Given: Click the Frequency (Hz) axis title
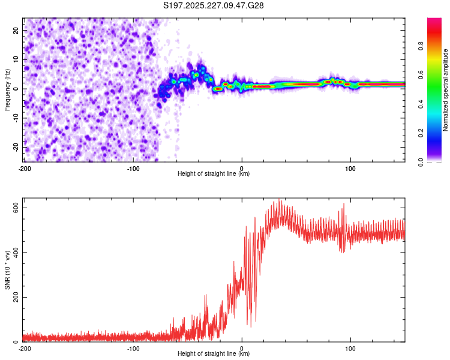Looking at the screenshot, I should click(7, 90).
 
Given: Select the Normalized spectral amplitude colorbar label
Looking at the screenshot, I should click(446, 90).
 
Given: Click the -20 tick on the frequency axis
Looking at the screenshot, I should click(16, 147).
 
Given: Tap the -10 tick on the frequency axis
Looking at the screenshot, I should click(16, 118).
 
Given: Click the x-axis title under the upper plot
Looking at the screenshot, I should click(214, 174).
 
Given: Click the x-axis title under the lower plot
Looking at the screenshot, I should click(214, 354).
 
